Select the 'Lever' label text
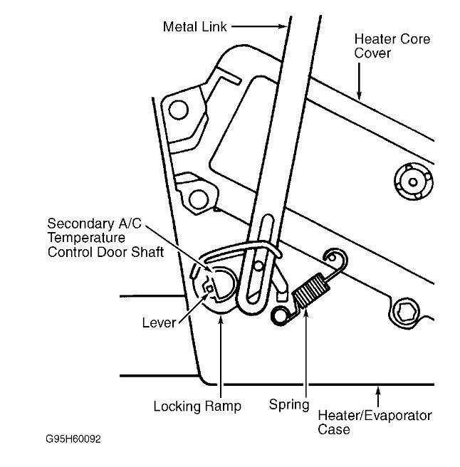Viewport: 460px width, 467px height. pos(158,323)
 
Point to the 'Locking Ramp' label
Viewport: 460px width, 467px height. pos(197,406)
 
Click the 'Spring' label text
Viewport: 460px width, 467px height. pos(288,405)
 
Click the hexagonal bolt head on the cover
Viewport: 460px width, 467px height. pos(407,310)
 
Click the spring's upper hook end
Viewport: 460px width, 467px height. pos(332,256)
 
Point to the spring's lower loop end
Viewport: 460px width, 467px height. pos(278,316)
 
